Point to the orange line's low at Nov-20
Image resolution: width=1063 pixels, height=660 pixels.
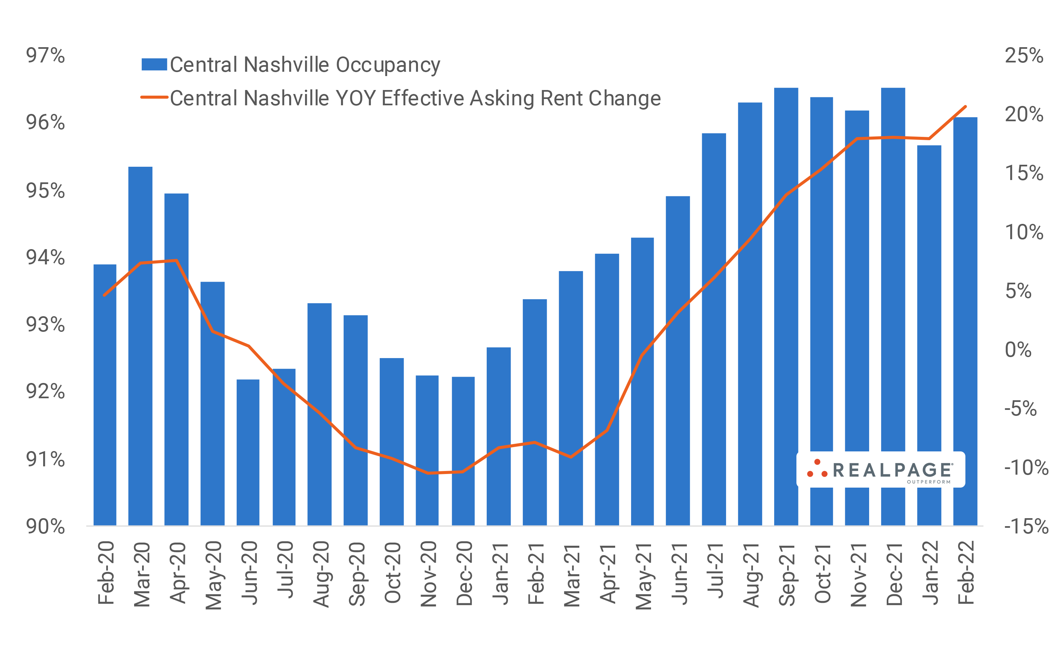tap(428, 473)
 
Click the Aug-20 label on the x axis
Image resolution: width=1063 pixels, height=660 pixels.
tap(321, 574)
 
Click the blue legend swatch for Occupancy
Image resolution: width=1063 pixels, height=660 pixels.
tap(154, 64)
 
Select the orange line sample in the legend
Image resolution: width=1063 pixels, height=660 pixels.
tap(154, 97)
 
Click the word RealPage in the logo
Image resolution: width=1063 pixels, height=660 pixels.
tap(892, 470)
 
